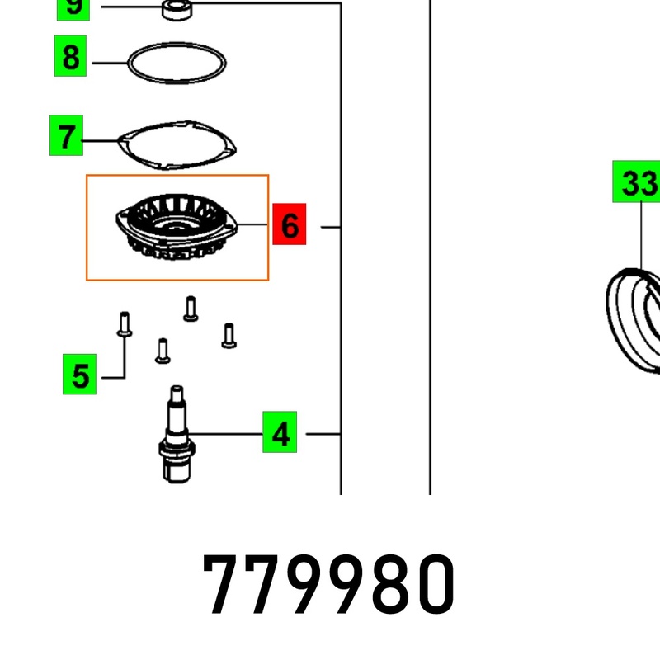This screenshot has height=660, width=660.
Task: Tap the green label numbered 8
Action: click(71, 58)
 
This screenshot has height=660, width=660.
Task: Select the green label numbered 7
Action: click(66, 136)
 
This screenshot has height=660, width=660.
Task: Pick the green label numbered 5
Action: click(80, 376)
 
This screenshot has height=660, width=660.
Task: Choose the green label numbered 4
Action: click(280, 433)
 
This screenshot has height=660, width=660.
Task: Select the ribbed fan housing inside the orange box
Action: click(176, 227)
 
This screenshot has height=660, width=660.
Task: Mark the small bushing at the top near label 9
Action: click(176, 10)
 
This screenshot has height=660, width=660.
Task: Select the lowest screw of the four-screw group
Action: click(163, 350)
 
